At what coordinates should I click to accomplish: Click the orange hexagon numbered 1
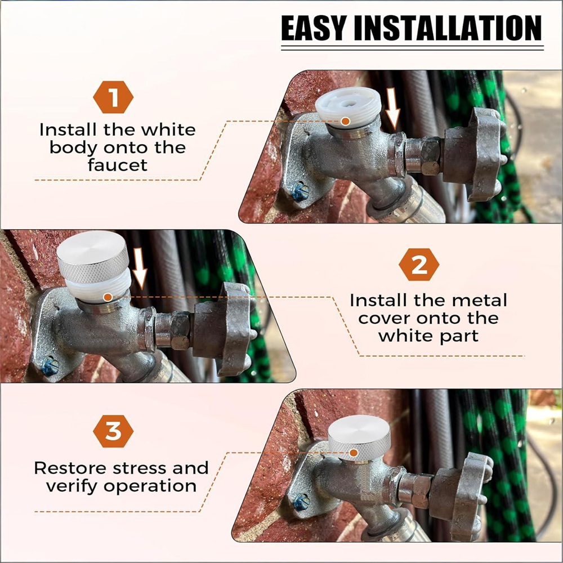(x=113, y=97)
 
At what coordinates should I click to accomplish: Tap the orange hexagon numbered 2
(x=419, y=265)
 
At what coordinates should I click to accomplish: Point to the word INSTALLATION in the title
(x=448, y=28)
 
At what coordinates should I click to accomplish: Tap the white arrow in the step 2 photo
(x=140, y=269)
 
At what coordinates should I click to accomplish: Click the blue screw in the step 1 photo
(x=300, y=191)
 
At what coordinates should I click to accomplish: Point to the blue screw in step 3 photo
(x=301, y=502)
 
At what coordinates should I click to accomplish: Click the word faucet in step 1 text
(x=118, y=165)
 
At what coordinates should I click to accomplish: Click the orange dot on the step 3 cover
(x=354, y=453)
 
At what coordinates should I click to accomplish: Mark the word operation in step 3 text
(x=150, y=486)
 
